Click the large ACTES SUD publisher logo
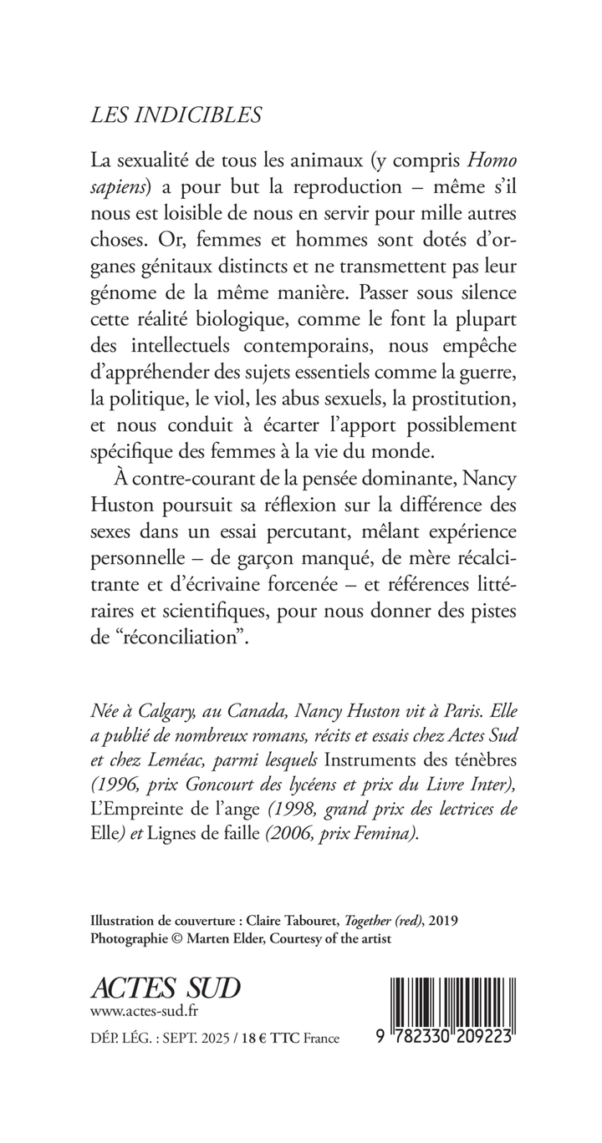tap(165, 989)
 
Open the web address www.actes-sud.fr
tap(144, 1013)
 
